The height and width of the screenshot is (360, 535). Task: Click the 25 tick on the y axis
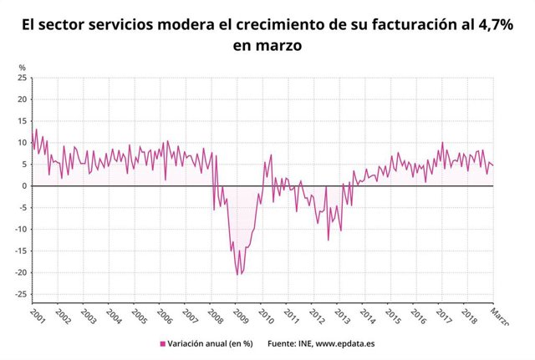23,78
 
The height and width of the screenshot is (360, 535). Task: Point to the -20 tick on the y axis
20,272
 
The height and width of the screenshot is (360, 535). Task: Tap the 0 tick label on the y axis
24,185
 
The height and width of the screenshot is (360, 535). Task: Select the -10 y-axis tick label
20,229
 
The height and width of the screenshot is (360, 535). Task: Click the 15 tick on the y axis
23,121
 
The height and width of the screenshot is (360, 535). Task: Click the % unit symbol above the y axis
23,67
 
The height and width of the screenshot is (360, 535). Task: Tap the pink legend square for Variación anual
162,343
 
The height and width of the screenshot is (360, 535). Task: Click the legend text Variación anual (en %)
209,343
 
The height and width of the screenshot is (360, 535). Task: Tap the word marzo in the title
278,46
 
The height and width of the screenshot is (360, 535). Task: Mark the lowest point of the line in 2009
237,274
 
